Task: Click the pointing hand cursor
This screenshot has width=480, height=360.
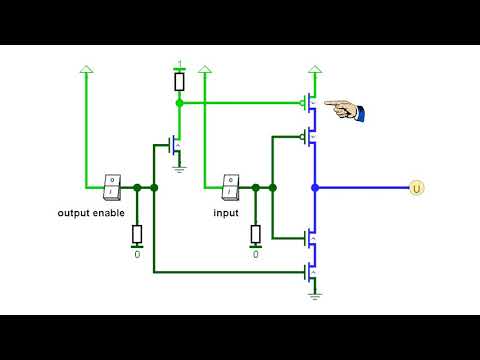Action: [343, 110]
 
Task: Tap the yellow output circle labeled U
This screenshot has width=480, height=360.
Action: [417, 187]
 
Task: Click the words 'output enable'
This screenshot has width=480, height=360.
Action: [91, 213]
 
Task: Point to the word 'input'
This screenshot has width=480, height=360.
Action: [226, 213]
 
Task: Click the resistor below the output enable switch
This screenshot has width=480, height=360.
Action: [137, 235]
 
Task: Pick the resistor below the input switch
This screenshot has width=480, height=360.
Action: [255, 235]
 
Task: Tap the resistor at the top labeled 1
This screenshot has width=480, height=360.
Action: [179, 81]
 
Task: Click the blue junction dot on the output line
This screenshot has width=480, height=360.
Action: [315, 187]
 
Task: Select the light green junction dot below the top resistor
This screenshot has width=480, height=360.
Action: [179, 102]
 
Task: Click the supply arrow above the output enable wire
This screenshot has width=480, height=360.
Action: [86, 69]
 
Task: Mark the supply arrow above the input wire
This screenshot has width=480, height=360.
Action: [204, 69]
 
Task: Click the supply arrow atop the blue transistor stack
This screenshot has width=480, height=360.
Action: [315, 69]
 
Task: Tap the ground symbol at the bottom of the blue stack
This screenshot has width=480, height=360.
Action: [315, 294]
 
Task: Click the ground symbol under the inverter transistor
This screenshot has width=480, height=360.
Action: [179, 168]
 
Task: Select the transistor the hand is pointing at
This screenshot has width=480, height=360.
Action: [311, 103]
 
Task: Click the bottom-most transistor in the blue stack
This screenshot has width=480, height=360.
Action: [311, 271]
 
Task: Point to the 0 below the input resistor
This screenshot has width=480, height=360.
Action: [255, 255]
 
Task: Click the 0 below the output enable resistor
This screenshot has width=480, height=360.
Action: [137, 255]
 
